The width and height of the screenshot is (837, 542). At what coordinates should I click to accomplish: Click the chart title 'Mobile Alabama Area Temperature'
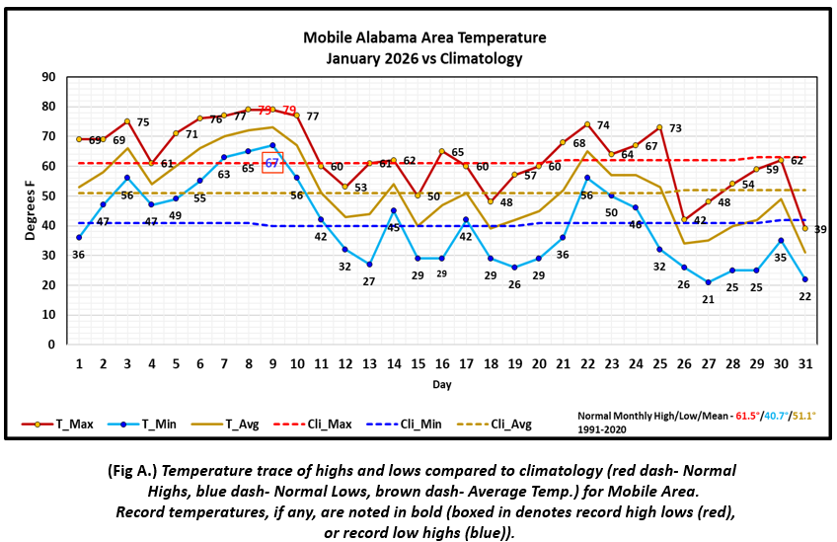click(x=423, y=39)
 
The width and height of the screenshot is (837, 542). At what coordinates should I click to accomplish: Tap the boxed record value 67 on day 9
click(x=273, y=163)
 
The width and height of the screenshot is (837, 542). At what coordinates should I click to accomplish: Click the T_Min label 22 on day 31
click(x=805, y=297)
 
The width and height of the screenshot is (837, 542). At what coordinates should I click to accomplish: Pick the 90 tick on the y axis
click(x=47, y=77)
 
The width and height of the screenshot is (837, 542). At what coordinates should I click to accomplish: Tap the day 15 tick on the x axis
click(x=418, y=363)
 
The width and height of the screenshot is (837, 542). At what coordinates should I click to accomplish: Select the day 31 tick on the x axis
click(x=805, y=363)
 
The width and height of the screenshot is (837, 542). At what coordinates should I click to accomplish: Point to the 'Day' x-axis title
click(x=441, y=383)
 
